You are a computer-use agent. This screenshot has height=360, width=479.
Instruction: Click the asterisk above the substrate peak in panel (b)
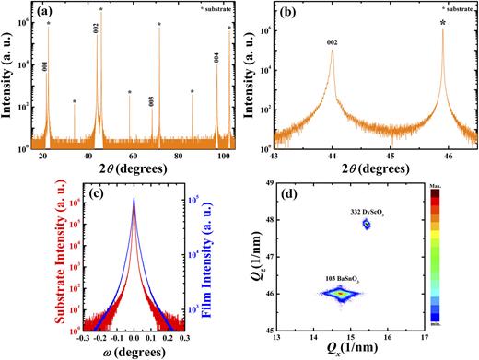443,21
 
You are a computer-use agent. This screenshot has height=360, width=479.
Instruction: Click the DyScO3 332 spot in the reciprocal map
366,223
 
